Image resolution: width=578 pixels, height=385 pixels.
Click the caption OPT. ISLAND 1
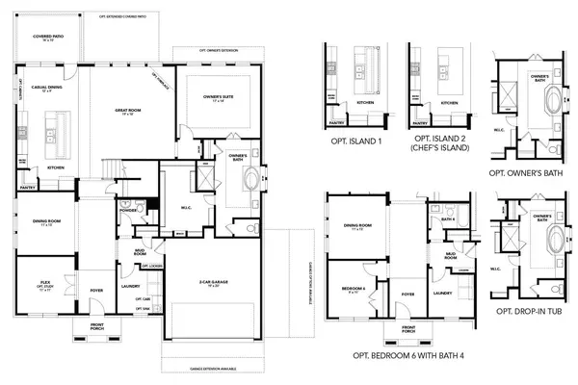pos(354,141)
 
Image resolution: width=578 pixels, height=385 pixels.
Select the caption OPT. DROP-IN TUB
pos(528,312)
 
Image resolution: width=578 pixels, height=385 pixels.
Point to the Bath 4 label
pos(449,220)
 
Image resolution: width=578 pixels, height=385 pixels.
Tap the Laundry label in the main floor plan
pos(130,285)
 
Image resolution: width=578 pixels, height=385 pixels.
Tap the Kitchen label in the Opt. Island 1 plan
pos(365,102)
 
